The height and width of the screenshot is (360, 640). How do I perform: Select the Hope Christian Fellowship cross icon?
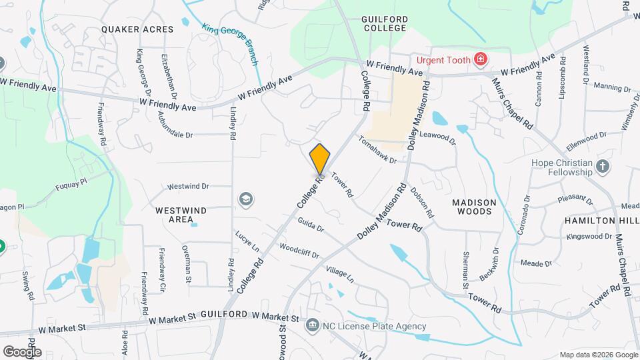point(603,167)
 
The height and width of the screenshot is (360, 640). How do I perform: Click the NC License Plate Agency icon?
point(311,326)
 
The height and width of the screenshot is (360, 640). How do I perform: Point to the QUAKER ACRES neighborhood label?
point(138,29)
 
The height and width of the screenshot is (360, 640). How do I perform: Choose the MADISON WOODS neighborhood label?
point(475,207)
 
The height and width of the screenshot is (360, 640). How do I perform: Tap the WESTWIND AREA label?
point(181,215)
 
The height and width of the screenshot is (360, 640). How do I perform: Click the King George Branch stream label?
point(230,45)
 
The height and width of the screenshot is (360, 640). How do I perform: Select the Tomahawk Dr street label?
point(377,151)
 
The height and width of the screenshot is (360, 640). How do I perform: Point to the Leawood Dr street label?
point(441,137)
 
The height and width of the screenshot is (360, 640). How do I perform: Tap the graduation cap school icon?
point(245,199)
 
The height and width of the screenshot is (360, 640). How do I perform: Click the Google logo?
point(22,351)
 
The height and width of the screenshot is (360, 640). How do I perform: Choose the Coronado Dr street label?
point(524,215)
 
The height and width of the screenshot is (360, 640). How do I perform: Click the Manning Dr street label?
point(611,87)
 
